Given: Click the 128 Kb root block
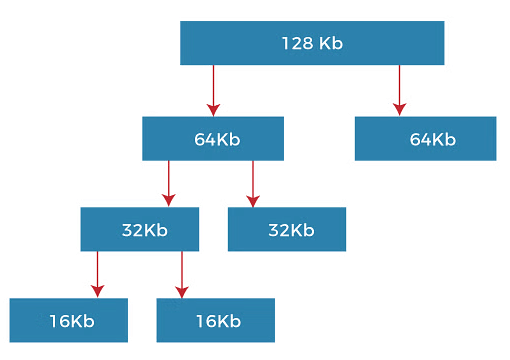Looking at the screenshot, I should [311, 43].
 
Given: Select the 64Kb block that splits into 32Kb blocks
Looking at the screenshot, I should [212, 138].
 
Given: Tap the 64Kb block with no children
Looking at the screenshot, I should [425, 138].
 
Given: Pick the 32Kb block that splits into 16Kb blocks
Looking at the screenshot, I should [139, 229].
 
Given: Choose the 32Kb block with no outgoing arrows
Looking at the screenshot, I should [286, 229].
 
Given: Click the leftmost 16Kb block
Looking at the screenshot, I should [69, 320].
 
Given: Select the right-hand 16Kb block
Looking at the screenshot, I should [215, 320].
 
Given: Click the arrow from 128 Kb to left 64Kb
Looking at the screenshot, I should [212, 91].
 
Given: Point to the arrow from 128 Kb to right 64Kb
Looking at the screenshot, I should [399, 90].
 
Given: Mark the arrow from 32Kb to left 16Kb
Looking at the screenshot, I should [97, 274].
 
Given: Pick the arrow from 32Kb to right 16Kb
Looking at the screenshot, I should [182, 274].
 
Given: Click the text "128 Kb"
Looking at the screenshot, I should [311, 44].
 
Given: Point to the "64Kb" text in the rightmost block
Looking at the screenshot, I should [432, 139].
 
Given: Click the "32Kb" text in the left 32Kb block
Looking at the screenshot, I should [144, 230].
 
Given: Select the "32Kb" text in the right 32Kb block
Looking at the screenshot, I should [291, 230].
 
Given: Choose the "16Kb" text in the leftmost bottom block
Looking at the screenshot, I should [71, 321].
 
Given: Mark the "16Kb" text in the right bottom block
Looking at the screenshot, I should [218, 321].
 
